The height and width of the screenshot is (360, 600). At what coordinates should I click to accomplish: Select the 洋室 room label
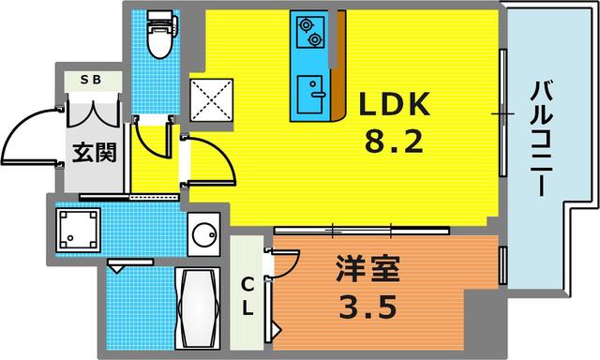click(x=368, y=271)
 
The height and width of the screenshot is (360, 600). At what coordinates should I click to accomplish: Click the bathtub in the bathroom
click(x=197, y=305)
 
